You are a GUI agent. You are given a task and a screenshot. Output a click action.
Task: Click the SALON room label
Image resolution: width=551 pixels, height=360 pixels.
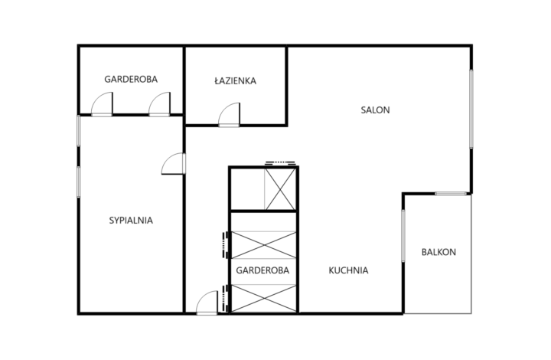pos(375,110)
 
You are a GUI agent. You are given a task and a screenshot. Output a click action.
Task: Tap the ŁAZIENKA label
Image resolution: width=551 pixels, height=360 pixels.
pos(235,80)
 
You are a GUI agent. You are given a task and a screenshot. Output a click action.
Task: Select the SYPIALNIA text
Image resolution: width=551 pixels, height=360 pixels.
pos(131,221)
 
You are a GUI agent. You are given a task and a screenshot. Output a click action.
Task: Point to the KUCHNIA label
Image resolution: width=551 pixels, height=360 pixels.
pos(348,270)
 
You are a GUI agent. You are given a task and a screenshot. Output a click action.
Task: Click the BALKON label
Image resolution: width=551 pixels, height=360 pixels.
pos(439,252)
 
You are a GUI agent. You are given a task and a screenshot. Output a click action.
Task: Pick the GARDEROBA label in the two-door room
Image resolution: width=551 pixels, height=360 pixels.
pos(131,79)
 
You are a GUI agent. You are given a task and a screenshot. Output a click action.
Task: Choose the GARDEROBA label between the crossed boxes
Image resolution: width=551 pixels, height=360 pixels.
pos(262,270)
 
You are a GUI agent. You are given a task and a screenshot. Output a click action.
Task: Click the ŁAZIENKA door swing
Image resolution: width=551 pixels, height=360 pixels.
pos(229,115)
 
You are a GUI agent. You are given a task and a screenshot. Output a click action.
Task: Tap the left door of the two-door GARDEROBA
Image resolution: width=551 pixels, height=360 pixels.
pos(102,104)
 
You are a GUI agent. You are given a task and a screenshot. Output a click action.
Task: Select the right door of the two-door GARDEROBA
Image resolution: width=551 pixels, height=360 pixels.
pos(159,104)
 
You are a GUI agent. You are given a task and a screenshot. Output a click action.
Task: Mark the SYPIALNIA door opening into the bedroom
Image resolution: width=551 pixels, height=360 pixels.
pos(173,163)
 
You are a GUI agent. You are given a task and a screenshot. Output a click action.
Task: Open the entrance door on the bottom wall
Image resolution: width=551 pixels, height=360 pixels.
pos(207,303)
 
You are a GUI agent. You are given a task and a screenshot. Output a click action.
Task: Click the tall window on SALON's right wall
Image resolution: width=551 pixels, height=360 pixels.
pos(471,109)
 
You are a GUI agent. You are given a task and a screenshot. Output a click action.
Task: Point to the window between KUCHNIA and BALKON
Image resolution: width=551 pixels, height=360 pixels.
pos(403,236)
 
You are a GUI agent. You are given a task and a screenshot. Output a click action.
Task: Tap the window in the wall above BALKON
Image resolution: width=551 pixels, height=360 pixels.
pos(451,194)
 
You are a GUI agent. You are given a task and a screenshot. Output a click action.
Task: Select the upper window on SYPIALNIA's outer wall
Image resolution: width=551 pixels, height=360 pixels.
pos(79,131)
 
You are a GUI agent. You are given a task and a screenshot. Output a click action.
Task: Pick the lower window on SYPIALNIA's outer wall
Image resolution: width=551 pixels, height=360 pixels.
pos(79,182)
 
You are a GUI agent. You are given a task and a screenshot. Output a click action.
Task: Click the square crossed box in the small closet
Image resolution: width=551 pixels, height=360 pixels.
pos(280,189)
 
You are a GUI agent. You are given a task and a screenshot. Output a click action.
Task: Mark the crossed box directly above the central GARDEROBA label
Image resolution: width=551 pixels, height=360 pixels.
pos(263,245)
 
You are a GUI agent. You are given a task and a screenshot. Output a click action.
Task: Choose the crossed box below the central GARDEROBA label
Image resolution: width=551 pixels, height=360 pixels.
pos(263,298)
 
